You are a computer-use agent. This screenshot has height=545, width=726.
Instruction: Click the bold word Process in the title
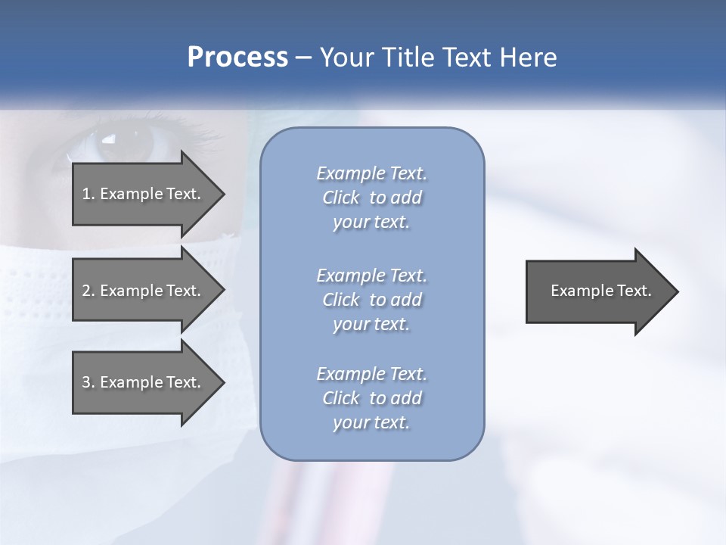coord(237,58)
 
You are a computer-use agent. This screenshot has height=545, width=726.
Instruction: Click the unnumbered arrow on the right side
coord(597,291)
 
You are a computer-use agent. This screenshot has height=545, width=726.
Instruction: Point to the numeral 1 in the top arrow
coord(86,194)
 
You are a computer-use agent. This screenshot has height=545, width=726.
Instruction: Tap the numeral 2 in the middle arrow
coord(86,291)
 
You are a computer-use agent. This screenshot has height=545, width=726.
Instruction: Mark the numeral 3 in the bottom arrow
coord(86,382)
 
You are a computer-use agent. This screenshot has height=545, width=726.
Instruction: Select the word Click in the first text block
coord(341,198)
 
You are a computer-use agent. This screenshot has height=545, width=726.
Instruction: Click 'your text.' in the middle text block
coord(371,324)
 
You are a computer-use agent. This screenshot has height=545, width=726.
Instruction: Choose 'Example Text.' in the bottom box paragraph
coord(371,374)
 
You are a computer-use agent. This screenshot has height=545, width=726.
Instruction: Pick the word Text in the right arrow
coord(634,291)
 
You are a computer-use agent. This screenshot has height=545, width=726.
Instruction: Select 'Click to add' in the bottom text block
coord(371,398)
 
